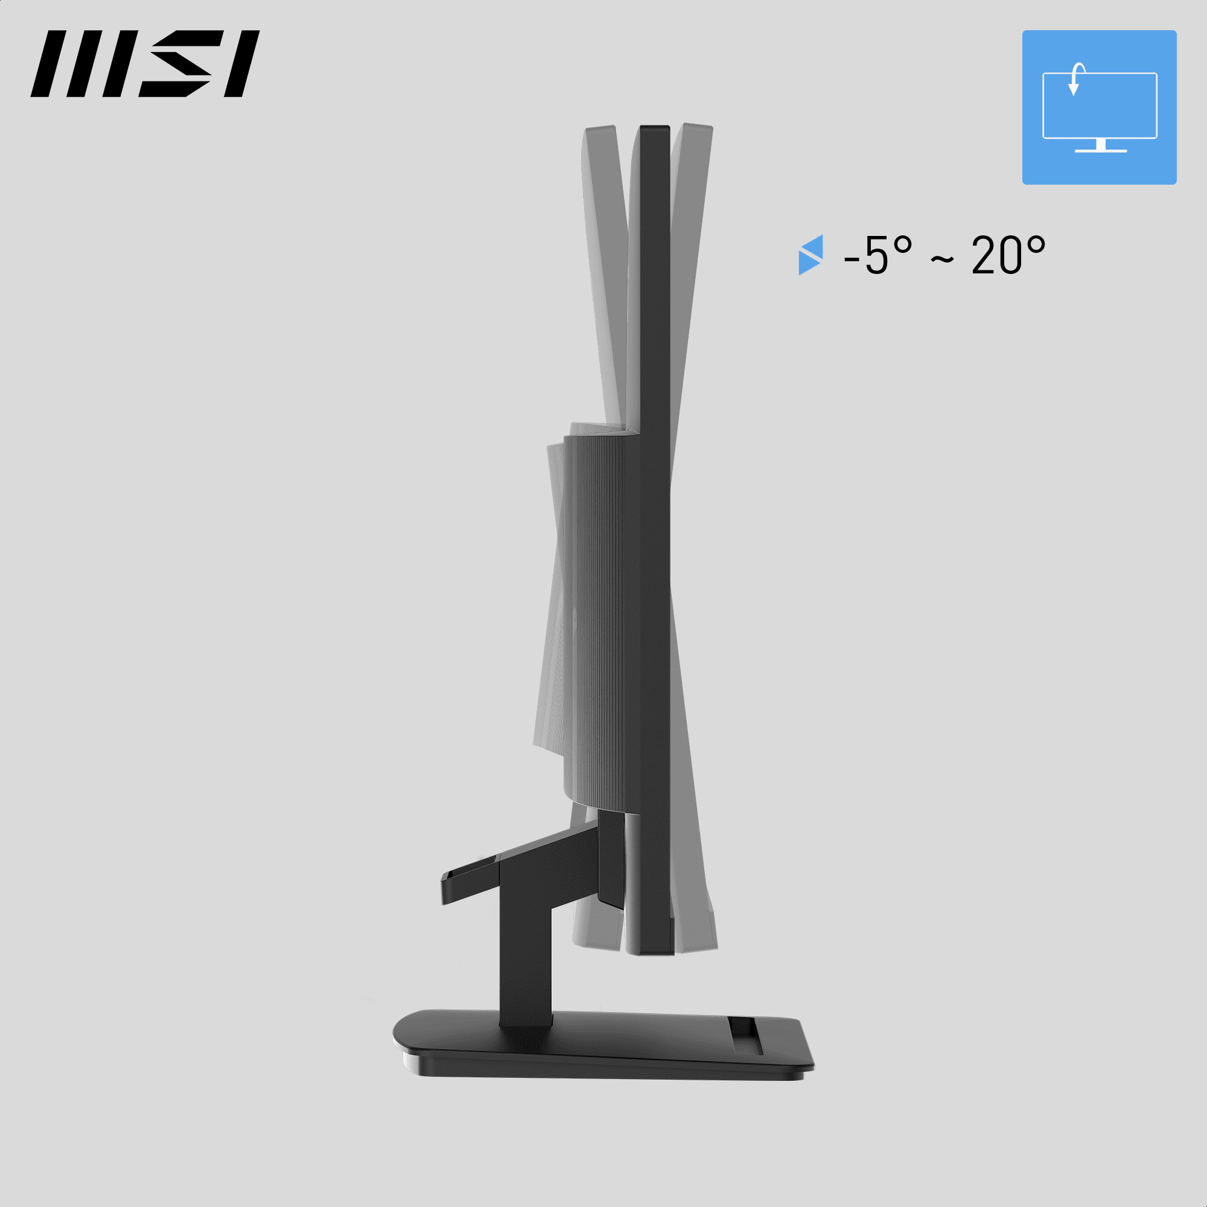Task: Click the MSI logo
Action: (145, 64)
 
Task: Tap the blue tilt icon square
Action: (1099, 107)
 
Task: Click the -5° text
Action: (877, 255)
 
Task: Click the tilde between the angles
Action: (942, 259)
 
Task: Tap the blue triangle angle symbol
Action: (811, 255)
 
